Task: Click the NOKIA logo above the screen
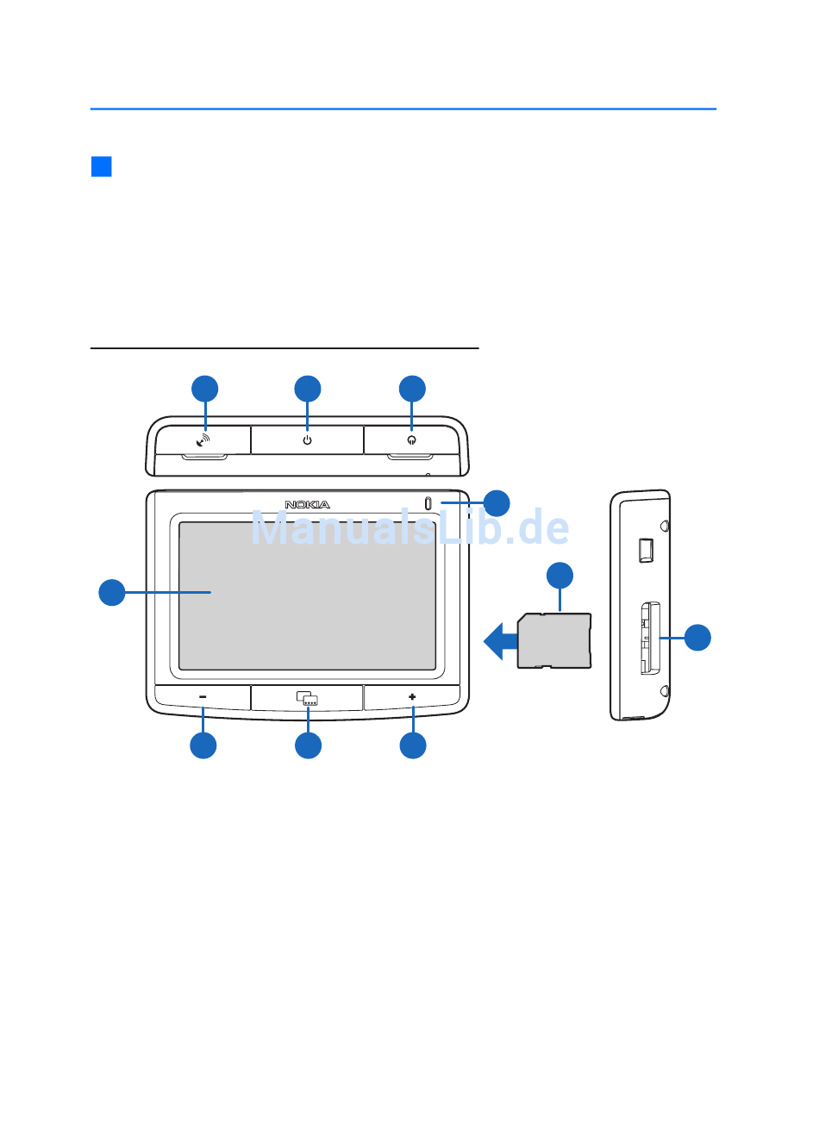pyautogui.click(x=307, y=504)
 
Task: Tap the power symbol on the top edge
pyautogui.click(x=307, y=439)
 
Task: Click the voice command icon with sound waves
pyautogui.click(x=203, y=439)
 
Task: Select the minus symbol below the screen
pyautogui.click(x=203, y=697)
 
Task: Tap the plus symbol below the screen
pyautogui.click(x=412, y=697)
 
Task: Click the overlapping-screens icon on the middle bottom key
pyautogui.click(x=307, y=698)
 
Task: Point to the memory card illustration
pyautogui.click(x=553, y=640)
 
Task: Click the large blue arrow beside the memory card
pyautogui.click(x=500, y=641)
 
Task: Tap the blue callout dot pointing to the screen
pyautogui.click(x=112, y=592)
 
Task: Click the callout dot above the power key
pyautogui.click(x=307, y=389)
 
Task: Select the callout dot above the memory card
pyautogui.click(x=560, y=576)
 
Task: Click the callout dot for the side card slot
pyautogui.click(x=697, y=638)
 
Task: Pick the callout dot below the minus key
pyautogui.click(x=203, y=745)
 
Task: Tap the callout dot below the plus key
pyautogui.click(x=412, y=745)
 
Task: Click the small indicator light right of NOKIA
pyautogui.click(x=428, y=504)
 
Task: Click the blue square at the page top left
pyautogui.click(x=102, y=166)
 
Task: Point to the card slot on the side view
pyautogui.click(x=650, y=638)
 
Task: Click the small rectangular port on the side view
pyautogui.click(x=646, y=551)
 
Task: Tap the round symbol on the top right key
pyautogui.click(x=411, y=439)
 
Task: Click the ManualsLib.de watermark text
pyautogui.click(x=409, y=527)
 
